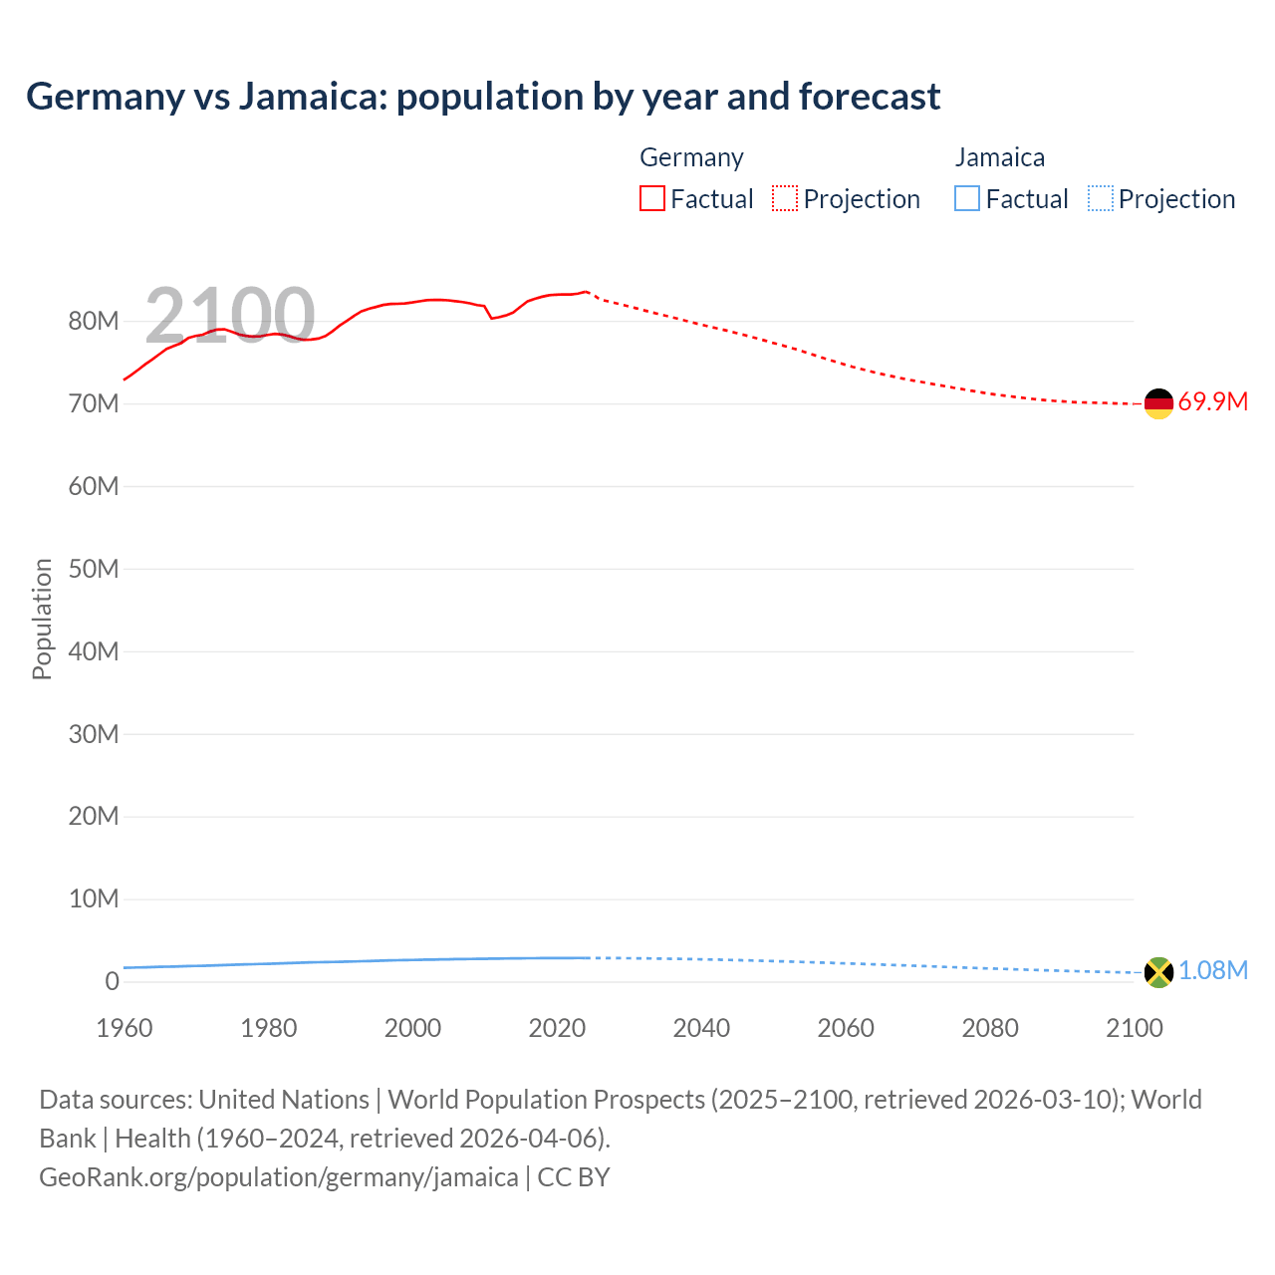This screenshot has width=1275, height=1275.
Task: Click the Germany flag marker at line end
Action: pyautogui.click(x=1158, y=403)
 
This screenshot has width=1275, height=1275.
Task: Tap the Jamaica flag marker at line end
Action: pyautogui.click(x=1158, y=972)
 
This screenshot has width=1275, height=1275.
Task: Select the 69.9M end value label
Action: pyautogui.click(x=1212, y=402)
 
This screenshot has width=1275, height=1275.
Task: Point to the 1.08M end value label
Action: pyautogui.click(x=1212, y=971)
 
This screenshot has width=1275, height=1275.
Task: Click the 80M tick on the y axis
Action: pyautogui.click(x=94, y=322)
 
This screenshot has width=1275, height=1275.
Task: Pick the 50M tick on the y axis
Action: pyautogui.click(x=94, y=570)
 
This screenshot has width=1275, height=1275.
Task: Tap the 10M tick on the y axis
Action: pyautogui.click(x=94, y=899)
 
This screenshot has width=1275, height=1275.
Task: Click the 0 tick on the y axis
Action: pyautogui.click(x=112, y=982)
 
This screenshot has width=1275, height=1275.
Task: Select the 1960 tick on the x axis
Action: pyautogui.click(x=125, y=1028)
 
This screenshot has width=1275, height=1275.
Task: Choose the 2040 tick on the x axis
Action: pyautogui.click(x=701, y=1028)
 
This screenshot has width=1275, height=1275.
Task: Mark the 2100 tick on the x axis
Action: pyautogui.click(x=1134, y=1028)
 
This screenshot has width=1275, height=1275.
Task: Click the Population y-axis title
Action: pyautogui.click(x=42, y=619)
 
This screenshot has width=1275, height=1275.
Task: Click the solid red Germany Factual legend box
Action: pyautogui.click(x=652, y=198)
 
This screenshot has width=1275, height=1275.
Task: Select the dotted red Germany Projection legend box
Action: pyautogui.click(x=785, y=198)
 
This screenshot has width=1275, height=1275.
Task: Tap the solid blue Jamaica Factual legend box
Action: pyautogui.click(x=967, y=198)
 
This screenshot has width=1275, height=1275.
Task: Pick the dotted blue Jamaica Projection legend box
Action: pyautogui.click(x=1100, y=198)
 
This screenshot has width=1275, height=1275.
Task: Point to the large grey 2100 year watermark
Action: pyautogui.click(x=230, y=316)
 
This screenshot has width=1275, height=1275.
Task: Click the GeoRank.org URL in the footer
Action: pyautogui.click(x=279, y=1177)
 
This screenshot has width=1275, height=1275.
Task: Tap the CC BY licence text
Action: pyautogui.click(x=574, y=1177)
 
